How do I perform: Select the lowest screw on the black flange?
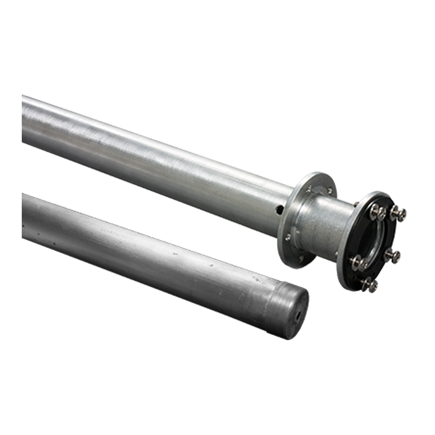(x=369, y=285)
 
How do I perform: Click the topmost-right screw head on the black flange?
(x=398, y=214)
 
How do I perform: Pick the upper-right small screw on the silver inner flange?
(x=330, y=190)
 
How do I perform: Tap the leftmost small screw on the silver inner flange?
(x=288, y=237)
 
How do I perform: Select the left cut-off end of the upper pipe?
(x=24, y=120)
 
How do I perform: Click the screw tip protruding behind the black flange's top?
(x=355, y=204)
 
